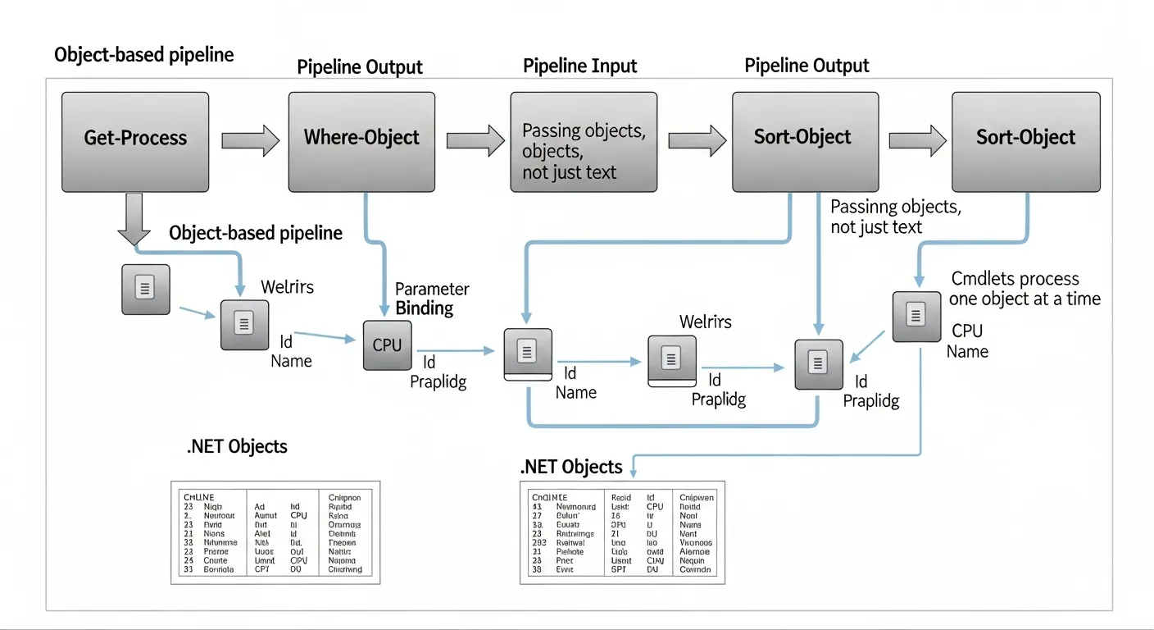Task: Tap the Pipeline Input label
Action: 579,66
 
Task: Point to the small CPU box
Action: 387,345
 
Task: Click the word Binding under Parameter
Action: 424,308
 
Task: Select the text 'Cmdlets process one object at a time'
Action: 1025,289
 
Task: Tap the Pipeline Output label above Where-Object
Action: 360,66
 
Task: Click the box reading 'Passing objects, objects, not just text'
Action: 584,142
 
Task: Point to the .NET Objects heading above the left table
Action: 237,446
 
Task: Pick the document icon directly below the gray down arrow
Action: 146,289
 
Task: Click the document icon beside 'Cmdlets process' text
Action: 916,316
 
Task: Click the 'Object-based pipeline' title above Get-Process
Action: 143,55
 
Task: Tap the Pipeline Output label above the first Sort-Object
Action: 806,66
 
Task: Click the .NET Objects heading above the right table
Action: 571,467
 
